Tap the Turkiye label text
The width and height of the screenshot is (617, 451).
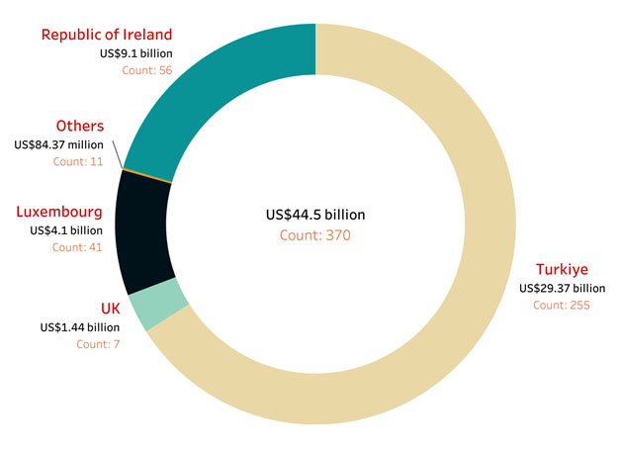[562, 270]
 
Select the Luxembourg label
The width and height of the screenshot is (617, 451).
[60, 212]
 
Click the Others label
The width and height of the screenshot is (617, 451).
[80, 126]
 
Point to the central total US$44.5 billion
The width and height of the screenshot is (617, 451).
[308, 215]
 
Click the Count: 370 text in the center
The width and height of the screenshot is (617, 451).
[308, 235]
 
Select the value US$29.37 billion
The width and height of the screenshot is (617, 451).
[562, 288]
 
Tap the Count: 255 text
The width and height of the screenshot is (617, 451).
[562, 306]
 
